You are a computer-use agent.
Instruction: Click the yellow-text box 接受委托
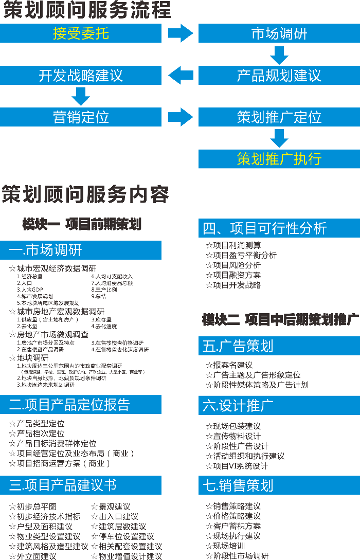pos(81,34)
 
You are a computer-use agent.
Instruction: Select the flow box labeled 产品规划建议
pos(279,76)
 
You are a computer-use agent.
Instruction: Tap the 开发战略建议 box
pos(81,76)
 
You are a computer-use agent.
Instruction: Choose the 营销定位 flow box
pos(81,117)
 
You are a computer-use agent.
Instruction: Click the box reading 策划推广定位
pos(279,117)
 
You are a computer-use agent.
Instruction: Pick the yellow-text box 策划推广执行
pos(279,159)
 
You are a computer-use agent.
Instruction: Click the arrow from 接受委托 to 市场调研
pos(180,34)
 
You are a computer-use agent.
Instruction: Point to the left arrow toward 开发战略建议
pos(180,76)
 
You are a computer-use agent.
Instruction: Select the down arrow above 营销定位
pos(81,96)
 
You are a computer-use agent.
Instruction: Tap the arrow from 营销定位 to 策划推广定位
pos(180,117)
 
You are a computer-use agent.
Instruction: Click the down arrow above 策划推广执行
pos(279,138)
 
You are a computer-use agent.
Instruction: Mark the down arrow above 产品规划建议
pos(279,55)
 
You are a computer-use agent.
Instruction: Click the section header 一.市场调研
pos(81,250)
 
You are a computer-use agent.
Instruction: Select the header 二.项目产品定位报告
pos(81,405)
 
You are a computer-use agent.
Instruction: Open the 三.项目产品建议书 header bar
pos(81,485)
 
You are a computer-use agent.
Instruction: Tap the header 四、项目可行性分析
pos(279,228)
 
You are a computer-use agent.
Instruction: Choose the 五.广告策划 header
pos(279,346)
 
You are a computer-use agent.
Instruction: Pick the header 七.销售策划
pos(279,485)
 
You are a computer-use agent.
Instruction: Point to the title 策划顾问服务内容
pos(85,194)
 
